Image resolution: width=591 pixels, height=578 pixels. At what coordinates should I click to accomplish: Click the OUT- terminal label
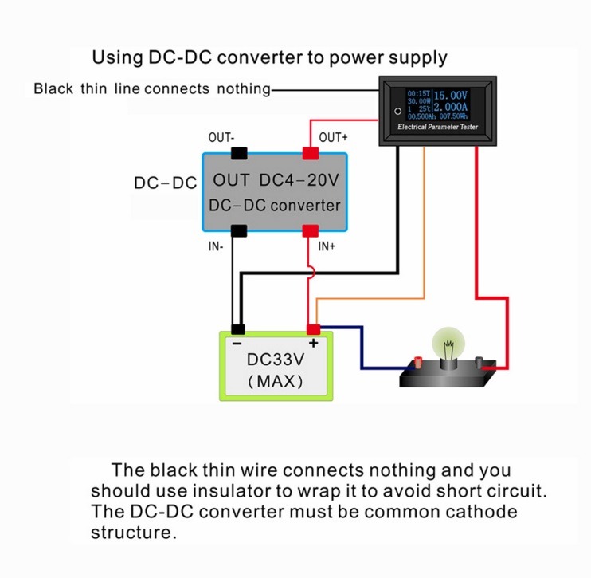(x=221, y=137)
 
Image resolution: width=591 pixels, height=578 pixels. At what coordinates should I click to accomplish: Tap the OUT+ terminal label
(x=333, y=137)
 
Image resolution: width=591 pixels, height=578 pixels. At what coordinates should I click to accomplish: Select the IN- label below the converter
(x=216, y=246)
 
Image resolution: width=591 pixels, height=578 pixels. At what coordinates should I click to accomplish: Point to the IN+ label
(x=327, y=246)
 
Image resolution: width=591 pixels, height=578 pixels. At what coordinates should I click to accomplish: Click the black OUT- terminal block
(x=239, y=154)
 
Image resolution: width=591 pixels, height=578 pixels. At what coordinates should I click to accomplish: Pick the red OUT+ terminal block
(x=311, y=154)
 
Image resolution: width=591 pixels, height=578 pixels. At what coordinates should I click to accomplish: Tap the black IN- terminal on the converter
(x=239, y=230)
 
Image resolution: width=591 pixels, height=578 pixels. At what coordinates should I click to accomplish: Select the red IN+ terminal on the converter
(x=310, y=230)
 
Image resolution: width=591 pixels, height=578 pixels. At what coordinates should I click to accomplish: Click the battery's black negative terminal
(x=238, y=329)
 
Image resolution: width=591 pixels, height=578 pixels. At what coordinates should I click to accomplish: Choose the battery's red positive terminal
(x=313, y=329)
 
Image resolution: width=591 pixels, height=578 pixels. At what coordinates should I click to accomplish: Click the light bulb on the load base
(x=448, y=344)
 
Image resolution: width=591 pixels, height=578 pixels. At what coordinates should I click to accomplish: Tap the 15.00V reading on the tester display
(x=450, y=95)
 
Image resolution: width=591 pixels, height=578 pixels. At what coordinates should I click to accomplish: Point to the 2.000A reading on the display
(x=450, y=107)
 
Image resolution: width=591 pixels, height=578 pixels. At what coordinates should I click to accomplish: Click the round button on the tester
(x=397, y=112)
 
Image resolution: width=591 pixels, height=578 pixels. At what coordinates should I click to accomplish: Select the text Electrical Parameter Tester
(x=437, y=127)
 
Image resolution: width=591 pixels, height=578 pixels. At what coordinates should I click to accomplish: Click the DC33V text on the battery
(x=276, y=360)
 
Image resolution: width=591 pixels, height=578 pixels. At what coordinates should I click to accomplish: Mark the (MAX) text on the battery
(x=276, y=381)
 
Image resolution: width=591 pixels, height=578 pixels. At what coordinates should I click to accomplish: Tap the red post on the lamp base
(x=418, y=362)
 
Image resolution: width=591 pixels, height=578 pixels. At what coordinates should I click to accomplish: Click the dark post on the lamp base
(x=479, y=363)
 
